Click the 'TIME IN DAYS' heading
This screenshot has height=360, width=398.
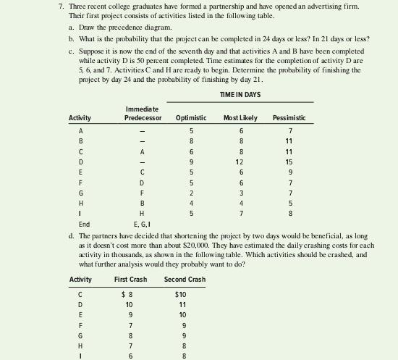click(240, 95)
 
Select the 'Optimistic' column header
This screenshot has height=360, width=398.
click(190, 117)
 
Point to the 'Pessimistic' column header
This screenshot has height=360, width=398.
click(289, 117)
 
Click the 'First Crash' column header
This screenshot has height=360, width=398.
click(130, 280)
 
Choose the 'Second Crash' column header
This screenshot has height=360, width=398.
click(185, 280)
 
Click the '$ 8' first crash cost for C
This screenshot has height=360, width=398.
click(129, 295)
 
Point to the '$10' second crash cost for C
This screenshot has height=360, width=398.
click(180, 295)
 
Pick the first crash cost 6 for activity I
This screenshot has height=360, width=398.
click(130, 356)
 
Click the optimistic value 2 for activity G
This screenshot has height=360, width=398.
click(190, 193)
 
